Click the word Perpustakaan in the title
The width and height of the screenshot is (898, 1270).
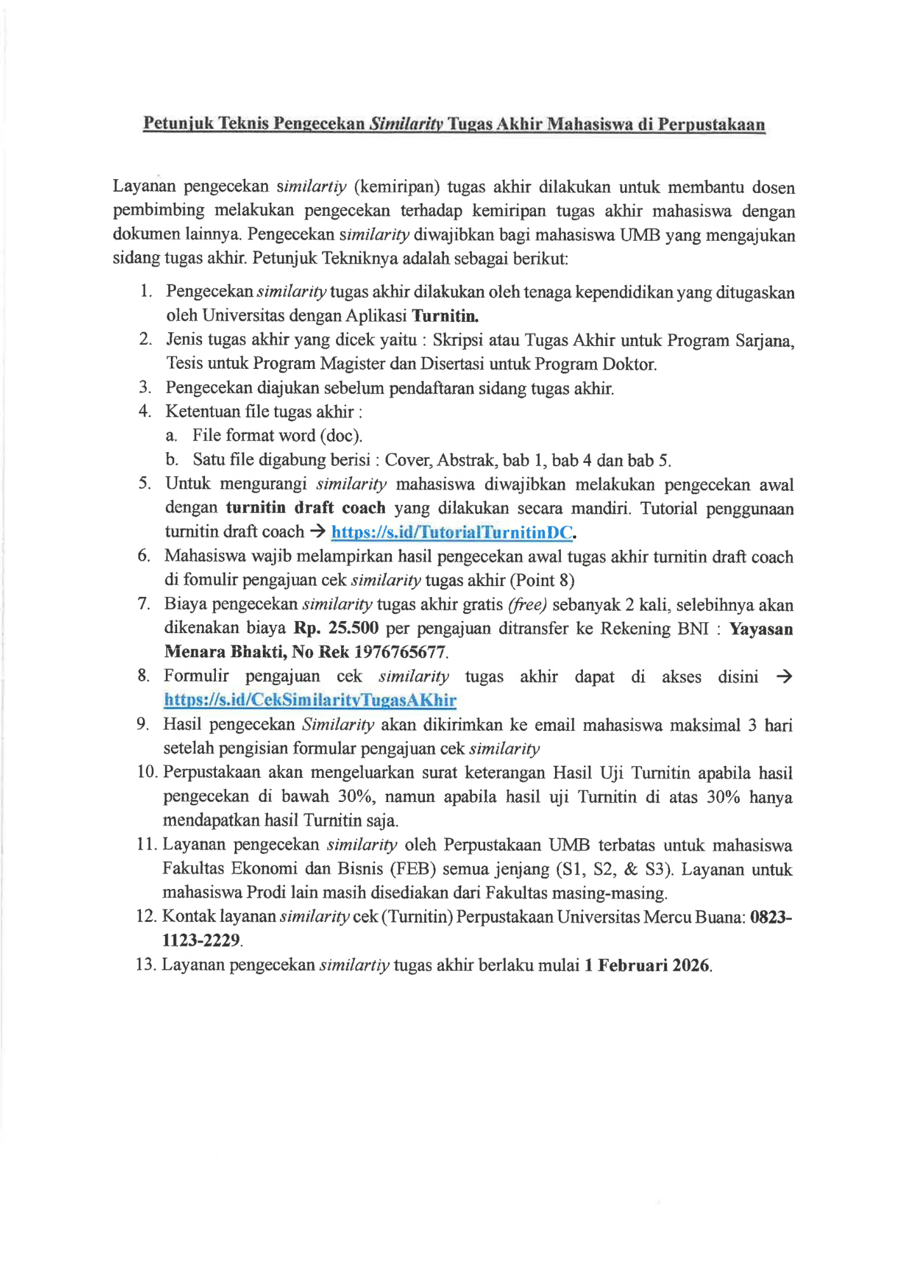tap(711, 124)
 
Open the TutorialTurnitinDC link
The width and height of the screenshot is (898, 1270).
tap(452, 532)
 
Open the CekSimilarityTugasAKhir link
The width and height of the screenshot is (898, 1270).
tap(310, 700)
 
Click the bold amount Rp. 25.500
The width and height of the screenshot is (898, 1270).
tap(336, 628)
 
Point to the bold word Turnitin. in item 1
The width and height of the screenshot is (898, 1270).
tap(445, 316)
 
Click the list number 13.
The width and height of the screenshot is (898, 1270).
tap(145, 965)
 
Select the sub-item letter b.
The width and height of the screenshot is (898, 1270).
tap(171, 459)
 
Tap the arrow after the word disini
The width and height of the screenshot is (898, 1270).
tap(784, 676)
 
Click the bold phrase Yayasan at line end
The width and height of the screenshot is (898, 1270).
tap(761, 629)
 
